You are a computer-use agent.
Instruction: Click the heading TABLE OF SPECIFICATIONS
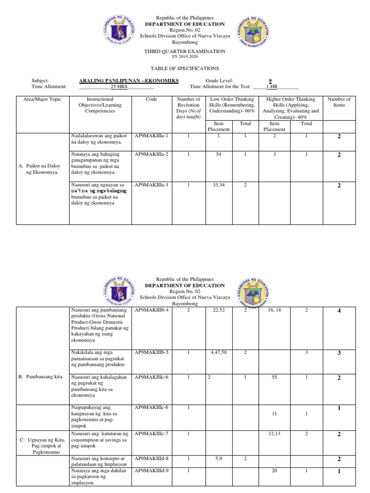[x=185, y=68]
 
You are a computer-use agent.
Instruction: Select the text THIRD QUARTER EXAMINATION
[x=185, y=51]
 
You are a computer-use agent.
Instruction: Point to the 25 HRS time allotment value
[x=119, y=87]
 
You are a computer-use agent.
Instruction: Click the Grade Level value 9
[x=269, y=81]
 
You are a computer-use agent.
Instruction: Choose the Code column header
[x=151, y=99]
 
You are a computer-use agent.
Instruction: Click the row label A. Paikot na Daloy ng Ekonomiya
[x=39, y=169]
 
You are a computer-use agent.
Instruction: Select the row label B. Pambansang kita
[x=42, y=377]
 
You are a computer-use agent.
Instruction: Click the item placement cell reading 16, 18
[x=274, y=310]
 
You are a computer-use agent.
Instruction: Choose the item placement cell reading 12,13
[x=274, y=434]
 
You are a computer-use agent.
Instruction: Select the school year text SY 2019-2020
[x=185, y=57]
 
